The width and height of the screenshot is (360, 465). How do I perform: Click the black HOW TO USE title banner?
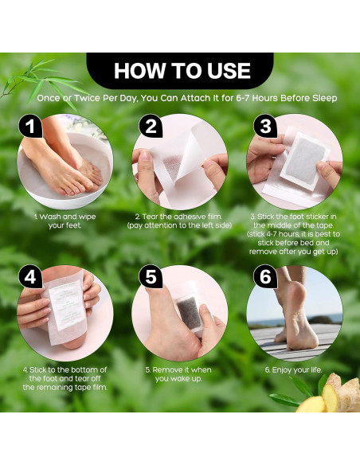coord(180,71)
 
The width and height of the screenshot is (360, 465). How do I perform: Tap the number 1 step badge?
coord(30,126)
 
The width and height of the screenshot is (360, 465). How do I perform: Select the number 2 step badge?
coord(151,126)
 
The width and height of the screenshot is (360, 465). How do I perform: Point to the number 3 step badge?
coord(265,126)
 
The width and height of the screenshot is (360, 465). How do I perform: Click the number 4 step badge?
coord(30,277)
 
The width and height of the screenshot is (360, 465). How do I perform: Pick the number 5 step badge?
coord(151,276)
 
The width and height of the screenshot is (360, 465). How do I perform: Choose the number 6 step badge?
coord(265,276)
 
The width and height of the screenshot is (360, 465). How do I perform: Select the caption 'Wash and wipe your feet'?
coord(65,221)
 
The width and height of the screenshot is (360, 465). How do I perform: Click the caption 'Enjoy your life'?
coord(293,369)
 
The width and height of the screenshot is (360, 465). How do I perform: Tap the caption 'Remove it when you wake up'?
coord(178,374)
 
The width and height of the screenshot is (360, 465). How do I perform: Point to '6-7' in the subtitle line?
coord(244,98)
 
